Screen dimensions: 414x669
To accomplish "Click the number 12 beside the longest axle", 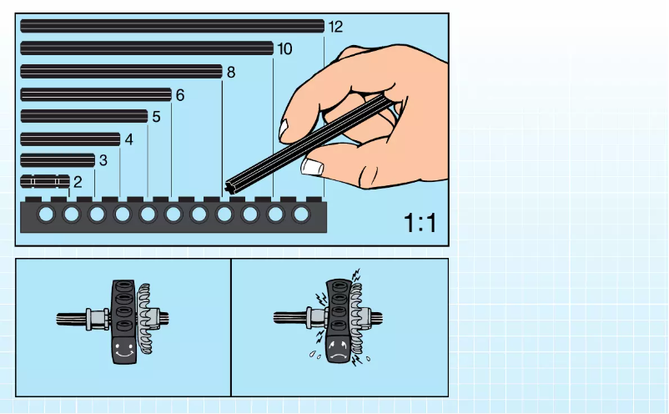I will click(x=335, y=27).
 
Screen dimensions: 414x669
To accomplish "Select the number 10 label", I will click(x=284, y=49).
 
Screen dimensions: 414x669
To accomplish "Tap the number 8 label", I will click(x=231, y=72).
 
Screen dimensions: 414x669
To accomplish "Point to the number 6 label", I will click(x=179, y=95).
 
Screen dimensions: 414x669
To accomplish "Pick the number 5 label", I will click(x=156, y=117).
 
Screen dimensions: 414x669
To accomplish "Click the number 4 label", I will click(x=128, y=139).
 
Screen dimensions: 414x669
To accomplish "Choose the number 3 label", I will click(x=103, y=159).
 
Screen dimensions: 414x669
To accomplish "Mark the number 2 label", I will click(x=78, y=181).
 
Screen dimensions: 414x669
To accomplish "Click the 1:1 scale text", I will click(x=420, y=223).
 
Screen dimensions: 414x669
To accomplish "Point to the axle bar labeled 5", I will click(x=83, y=116).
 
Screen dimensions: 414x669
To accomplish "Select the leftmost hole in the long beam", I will click(x=46, y=215).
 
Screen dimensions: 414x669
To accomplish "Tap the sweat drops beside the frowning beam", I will click(x=313, y=354).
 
